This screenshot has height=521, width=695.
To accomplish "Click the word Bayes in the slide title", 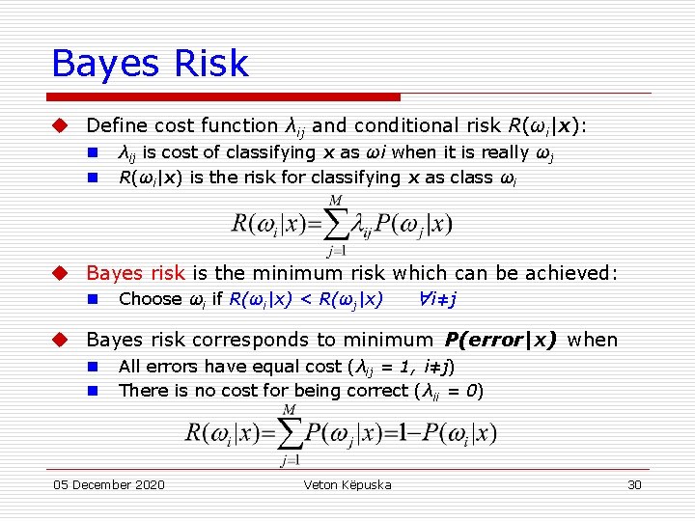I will (105, 64).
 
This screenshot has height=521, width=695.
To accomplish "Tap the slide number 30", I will (634, 484).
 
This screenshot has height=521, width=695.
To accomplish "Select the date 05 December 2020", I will (108, 484).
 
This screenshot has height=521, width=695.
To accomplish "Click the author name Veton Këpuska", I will (347, 484).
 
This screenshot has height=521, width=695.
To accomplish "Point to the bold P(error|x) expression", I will (500, 340).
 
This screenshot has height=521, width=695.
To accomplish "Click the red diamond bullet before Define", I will (60, 125).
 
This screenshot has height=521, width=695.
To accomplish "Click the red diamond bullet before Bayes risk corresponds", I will (60, 340).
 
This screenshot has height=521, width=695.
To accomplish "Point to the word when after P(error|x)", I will (593, 340).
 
